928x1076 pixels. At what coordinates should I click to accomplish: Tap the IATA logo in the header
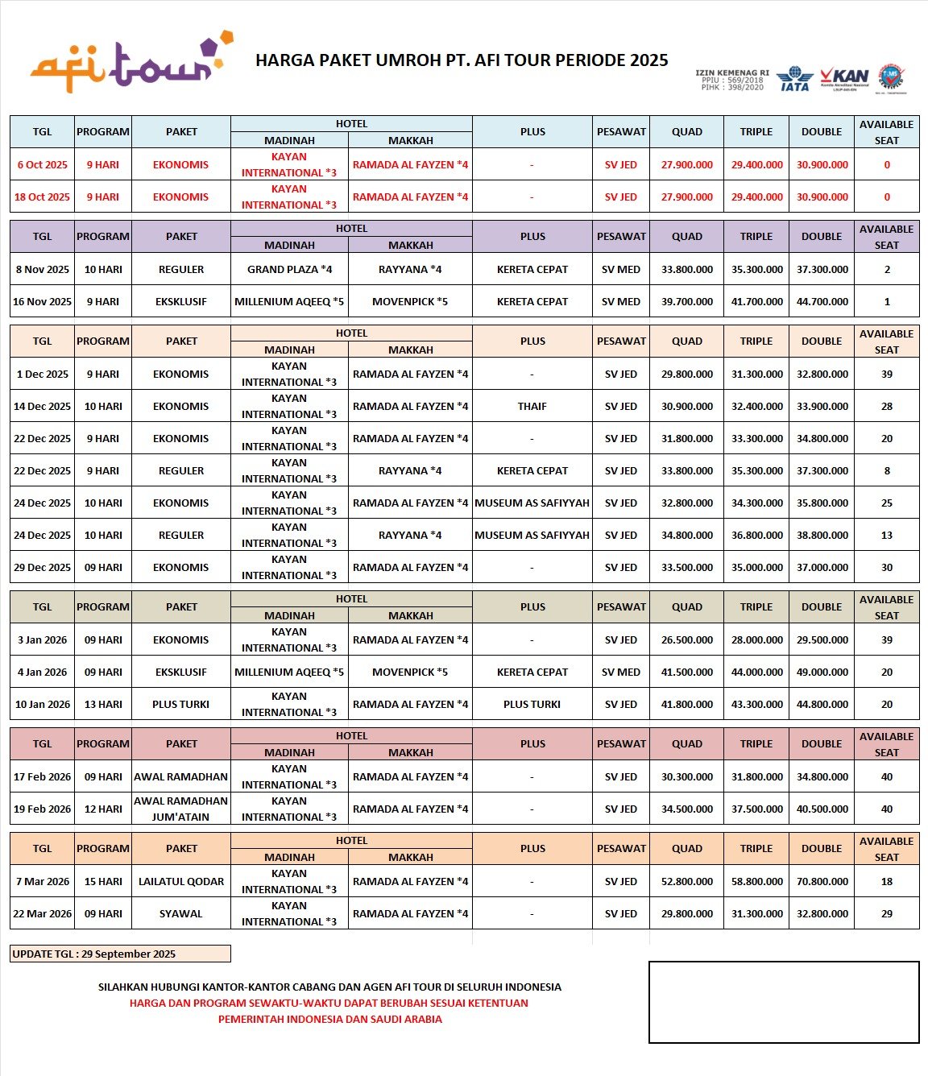(794, 79)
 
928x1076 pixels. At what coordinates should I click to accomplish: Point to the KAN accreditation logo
(845, 78)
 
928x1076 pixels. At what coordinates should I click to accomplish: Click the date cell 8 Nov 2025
(42, 269)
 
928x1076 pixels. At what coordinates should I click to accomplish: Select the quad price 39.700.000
(686, 301)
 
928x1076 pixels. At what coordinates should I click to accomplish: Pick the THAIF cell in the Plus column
(532, 406)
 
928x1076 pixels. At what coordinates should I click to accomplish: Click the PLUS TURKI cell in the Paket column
(180, 704)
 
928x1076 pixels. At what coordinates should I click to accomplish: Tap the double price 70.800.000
(822, 881)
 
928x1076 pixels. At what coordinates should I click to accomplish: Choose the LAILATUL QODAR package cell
(180, 881)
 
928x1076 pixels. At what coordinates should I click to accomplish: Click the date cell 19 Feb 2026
(42, 809)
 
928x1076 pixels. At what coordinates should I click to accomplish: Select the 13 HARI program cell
(103, 704)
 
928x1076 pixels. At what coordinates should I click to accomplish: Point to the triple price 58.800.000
(756, 881)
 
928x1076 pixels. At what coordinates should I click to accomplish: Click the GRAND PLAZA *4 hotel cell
(289, 269)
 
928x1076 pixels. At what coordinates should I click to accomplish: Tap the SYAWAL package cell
(180, 913)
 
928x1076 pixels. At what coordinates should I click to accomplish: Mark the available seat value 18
(886, 881)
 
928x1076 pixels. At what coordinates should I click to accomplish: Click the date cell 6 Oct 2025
(42, 164)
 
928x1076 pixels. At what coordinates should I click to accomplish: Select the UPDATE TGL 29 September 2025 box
(120, 954)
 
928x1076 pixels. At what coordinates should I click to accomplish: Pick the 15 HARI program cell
(103, 881)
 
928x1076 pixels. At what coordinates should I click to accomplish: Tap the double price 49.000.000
(822, 672)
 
